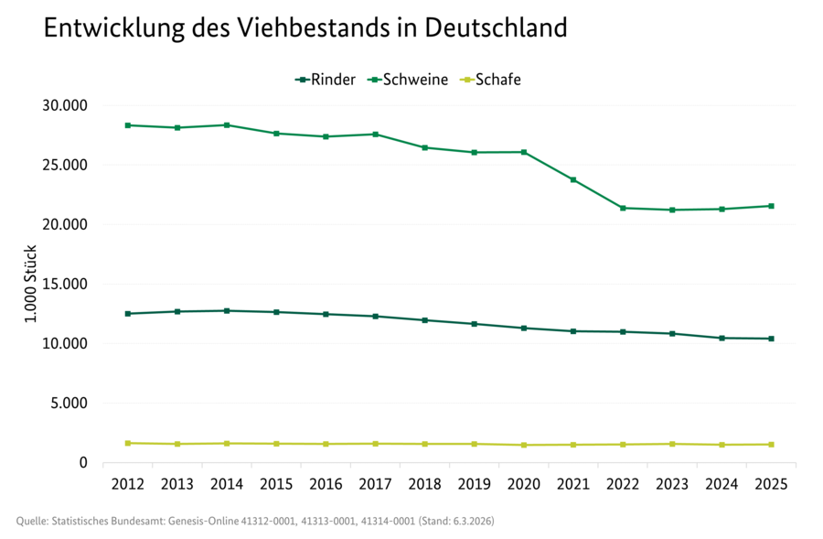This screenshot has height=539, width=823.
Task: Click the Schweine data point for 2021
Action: pos(573,179)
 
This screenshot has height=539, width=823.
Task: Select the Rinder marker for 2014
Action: pos(227,310)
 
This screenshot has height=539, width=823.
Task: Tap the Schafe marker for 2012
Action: pos(128,443)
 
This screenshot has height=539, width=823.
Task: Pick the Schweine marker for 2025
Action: pos(771,206)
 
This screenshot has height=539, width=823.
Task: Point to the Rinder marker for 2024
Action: pos(721,338)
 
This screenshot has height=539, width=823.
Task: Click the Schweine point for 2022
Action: pos(623,208)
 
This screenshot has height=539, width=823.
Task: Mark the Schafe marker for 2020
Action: pos(524,445)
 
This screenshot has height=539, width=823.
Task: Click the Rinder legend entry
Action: pos(326,80)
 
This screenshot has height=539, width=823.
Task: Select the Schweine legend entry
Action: pos(408,80)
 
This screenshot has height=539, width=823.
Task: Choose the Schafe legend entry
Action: pos(490,80)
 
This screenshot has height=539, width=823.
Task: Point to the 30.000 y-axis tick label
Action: pos(64,105)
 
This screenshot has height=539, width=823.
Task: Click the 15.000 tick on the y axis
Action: pos(64,284)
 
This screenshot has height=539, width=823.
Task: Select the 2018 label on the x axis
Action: pos(425,482)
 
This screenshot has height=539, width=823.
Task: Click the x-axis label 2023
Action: pos(672,482)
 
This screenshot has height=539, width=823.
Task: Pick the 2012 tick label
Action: pos(128,482)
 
